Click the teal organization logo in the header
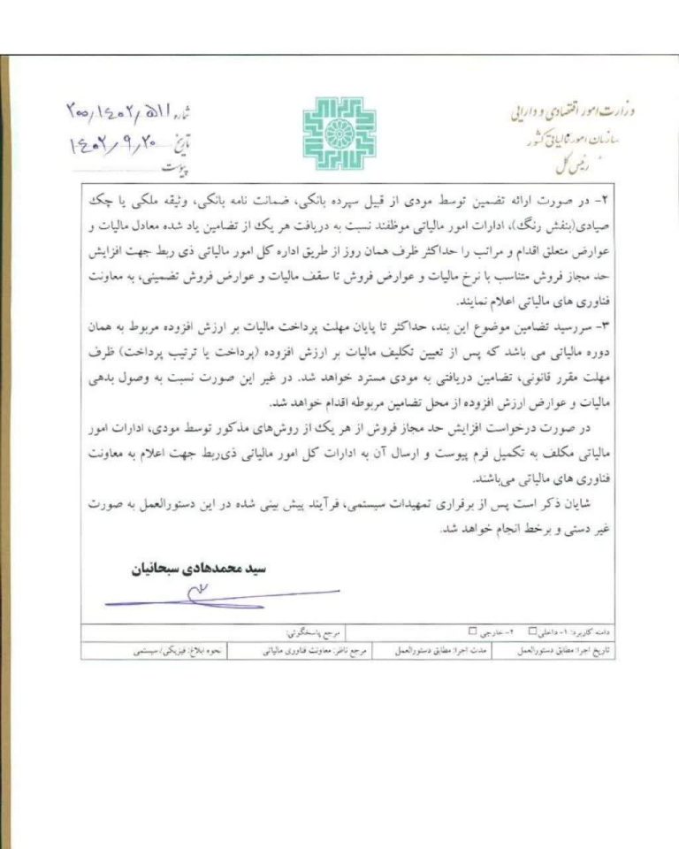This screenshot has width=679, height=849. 339,134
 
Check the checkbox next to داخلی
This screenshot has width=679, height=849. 532,631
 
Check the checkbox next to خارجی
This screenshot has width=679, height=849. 472,631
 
